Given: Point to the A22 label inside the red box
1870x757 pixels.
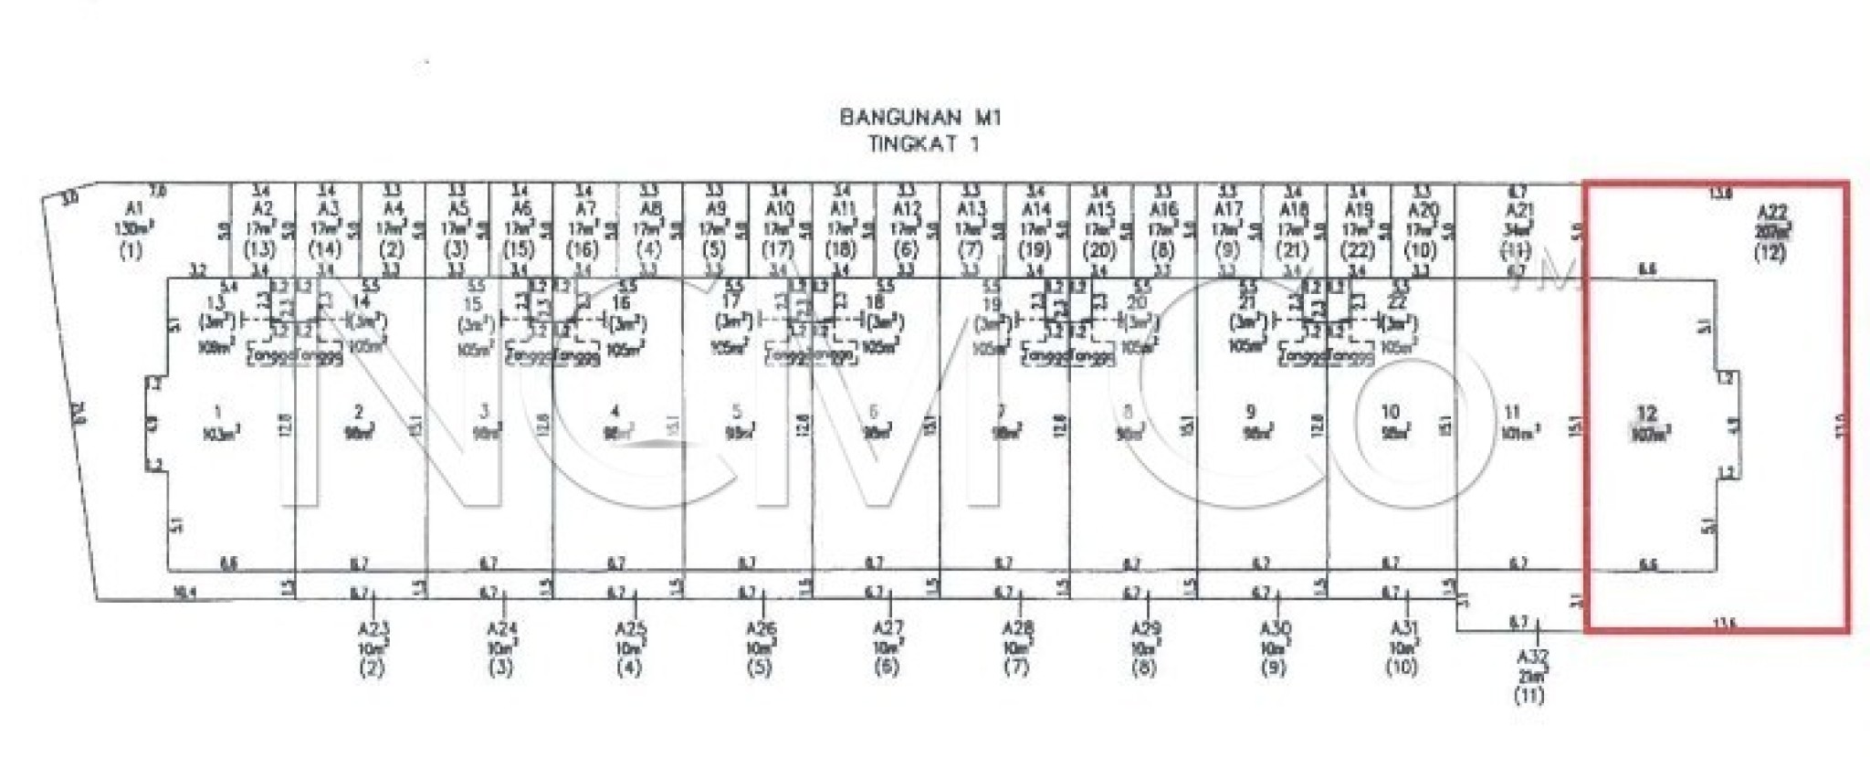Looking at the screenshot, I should [x=1771, y=212].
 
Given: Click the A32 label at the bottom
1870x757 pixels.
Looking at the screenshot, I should [x=1532, y=657].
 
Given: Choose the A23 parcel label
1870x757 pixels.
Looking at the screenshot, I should [x=373, y=628].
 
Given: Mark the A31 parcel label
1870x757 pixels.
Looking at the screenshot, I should [x=1403, y=628].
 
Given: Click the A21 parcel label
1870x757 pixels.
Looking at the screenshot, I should [x=1518, y=209].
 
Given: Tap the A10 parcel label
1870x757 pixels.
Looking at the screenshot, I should [x=778, y=209].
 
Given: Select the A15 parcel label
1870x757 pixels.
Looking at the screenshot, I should [x=1100, y=209].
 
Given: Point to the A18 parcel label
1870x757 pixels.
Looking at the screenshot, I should [x=1294, y=209].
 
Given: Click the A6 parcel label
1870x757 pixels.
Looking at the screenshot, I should [x=521, y=209].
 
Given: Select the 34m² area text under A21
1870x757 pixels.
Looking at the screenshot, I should [x=1518, y=228].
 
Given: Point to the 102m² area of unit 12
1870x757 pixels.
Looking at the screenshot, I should [x=1649, y=435].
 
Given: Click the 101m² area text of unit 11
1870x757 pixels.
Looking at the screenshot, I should [x=1519, y=433].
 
